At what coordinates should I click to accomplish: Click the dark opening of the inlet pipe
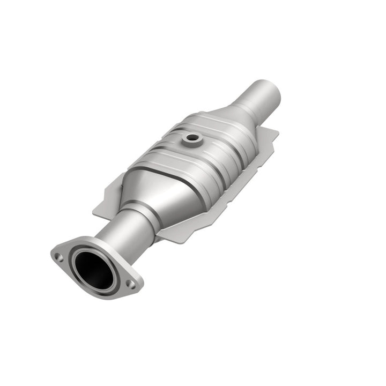pyautogui.click(x=93, y=269)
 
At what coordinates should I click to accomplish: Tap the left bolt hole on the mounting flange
pyautogui.click(x=60, y=257)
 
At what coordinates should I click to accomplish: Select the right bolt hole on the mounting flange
pyautogui.click(x=130, y=284)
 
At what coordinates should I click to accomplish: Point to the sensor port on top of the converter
pyautogui.click(x=190, y=139)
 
